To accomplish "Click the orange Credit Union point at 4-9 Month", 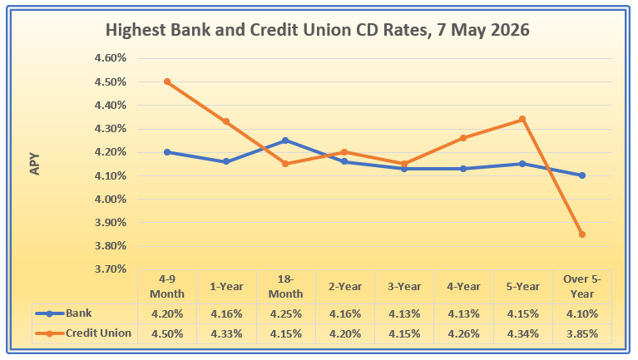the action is click(167, 81).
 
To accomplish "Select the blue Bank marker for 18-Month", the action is click(285, 141).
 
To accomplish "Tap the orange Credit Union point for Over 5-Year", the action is click(581, 234).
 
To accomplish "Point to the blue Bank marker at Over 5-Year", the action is click(581, 175).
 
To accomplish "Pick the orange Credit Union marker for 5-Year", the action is click(522, 119).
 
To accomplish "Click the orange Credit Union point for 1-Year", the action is click(226, 121).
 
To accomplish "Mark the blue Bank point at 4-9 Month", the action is click(167, 152).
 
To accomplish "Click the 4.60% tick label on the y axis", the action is click(111, 58).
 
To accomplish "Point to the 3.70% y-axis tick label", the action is click(111, 269).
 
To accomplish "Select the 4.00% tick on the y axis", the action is click(111, 200).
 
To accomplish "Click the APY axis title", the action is click(35, 164).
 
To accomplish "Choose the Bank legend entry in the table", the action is click(63, 313).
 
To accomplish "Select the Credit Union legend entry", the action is click(83, 333).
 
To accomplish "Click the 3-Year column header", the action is click(404, 286).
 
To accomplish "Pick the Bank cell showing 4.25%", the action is click(285, 314).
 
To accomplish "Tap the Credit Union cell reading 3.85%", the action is click(582, 334).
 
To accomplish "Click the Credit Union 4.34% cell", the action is click(523, 334).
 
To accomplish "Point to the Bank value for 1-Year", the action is click(226, 314).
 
